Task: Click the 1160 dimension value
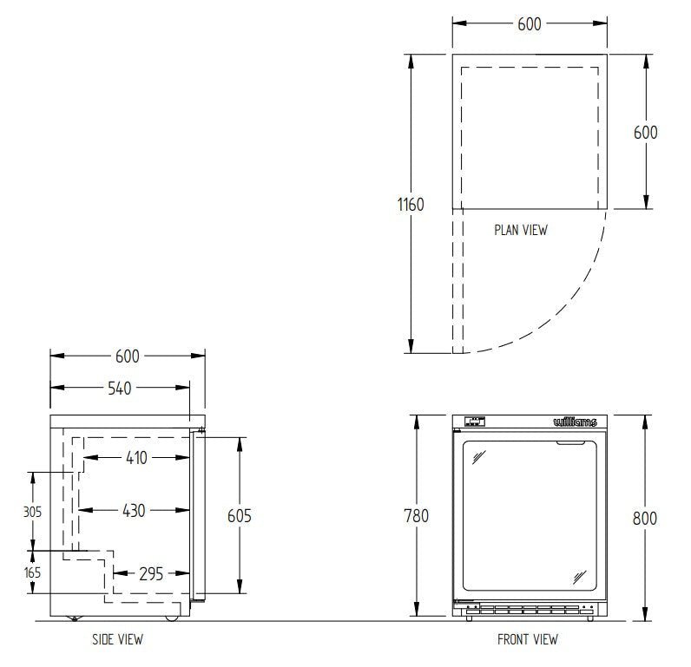411,205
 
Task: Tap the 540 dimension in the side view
120,389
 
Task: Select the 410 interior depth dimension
136,458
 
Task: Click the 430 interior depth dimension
134,511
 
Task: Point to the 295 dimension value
151,574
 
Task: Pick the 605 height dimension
240,516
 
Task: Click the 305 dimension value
32,512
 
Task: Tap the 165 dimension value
32,572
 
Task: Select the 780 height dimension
417,516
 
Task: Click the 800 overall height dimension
645,519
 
